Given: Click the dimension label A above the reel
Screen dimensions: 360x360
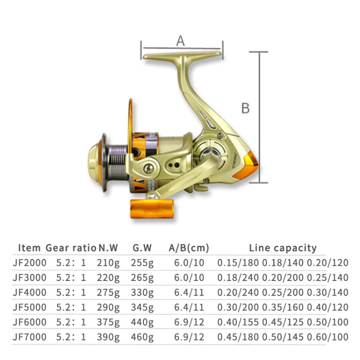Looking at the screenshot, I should [180, 41].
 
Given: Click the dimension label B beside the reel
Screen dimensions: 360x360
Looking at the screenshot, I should [245, 108].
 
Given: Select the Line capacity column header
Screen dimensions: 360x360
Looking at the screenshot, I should [283, 248].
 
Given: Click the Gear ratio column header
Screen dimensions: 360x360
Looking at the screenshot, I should [71, 248].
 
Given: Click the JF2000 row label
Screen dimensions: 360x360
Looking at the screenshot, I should [30, 263].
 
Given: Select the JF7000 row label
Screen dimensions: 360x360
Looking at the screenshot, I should [30, 337].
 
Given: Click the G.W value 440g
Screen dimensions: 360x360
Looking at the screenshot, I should [142, 323].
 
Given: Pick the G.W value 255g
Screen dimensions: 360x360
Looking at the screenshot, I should [142, 263].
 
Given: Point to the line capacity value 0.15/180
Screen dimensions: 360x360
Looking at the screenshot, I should [238, 263].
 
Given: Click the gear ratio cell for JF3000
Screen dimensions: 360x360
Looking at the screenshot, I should [71, 278].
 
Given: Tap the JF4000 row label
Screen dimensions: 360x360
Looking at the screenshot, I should [30, 293].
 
